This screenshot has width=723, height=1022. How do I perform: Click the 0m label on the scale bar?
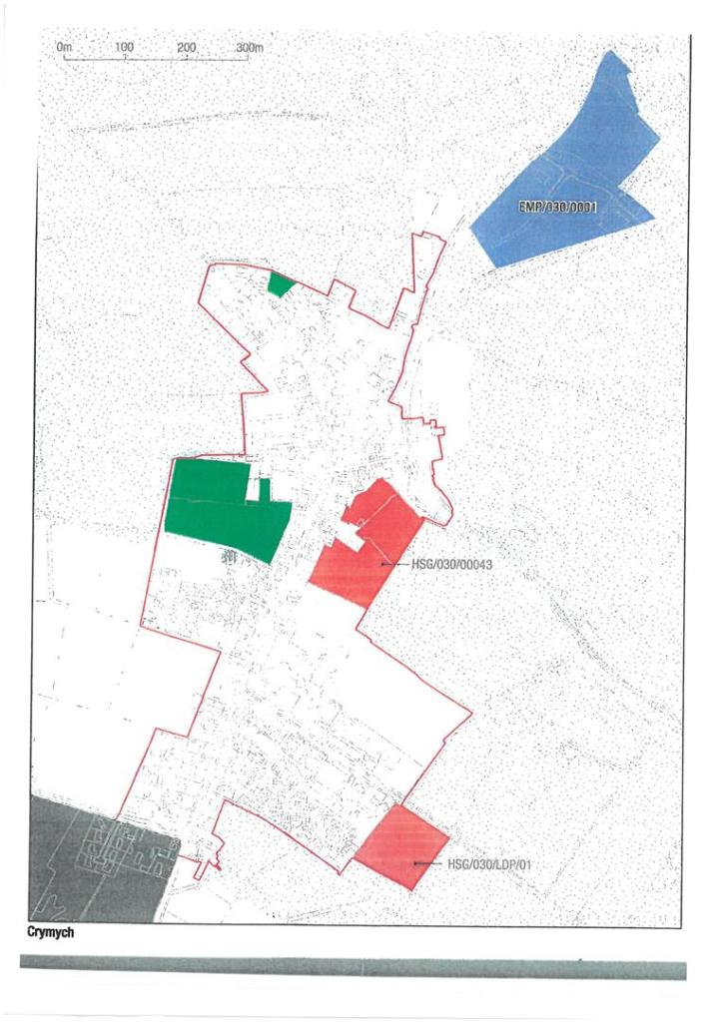tap(65, 47)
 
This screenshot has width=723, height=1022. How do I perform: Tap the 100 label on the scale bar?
tap(125, 47)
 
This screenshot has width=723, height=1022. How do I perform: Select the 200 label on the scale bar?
tap(187, 47)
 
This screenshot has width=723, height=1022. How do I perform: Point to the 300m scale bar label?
tap(250, 47)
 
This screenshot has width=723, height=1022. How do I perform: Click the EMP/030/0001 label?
tap(557, 209)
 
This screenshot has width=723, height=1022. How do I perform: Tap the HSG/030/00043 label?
tap(452, 564)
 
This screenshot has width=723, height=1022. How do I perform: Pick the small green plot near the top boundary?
tap(281, 284)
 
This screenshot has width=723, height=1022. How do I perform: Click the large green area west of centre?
tap(220, 509)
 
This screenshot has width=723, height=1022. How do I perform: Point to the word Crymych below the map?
tap(50, 935)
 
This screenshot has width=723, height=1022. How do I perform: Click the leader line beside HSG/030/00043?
tap(395, 564)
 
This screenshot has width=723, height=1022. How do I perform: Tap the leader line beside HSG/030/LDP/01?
tap(429, 863)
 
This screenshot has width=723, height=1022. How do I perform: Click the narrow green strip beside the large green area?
tap(264, 489)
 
